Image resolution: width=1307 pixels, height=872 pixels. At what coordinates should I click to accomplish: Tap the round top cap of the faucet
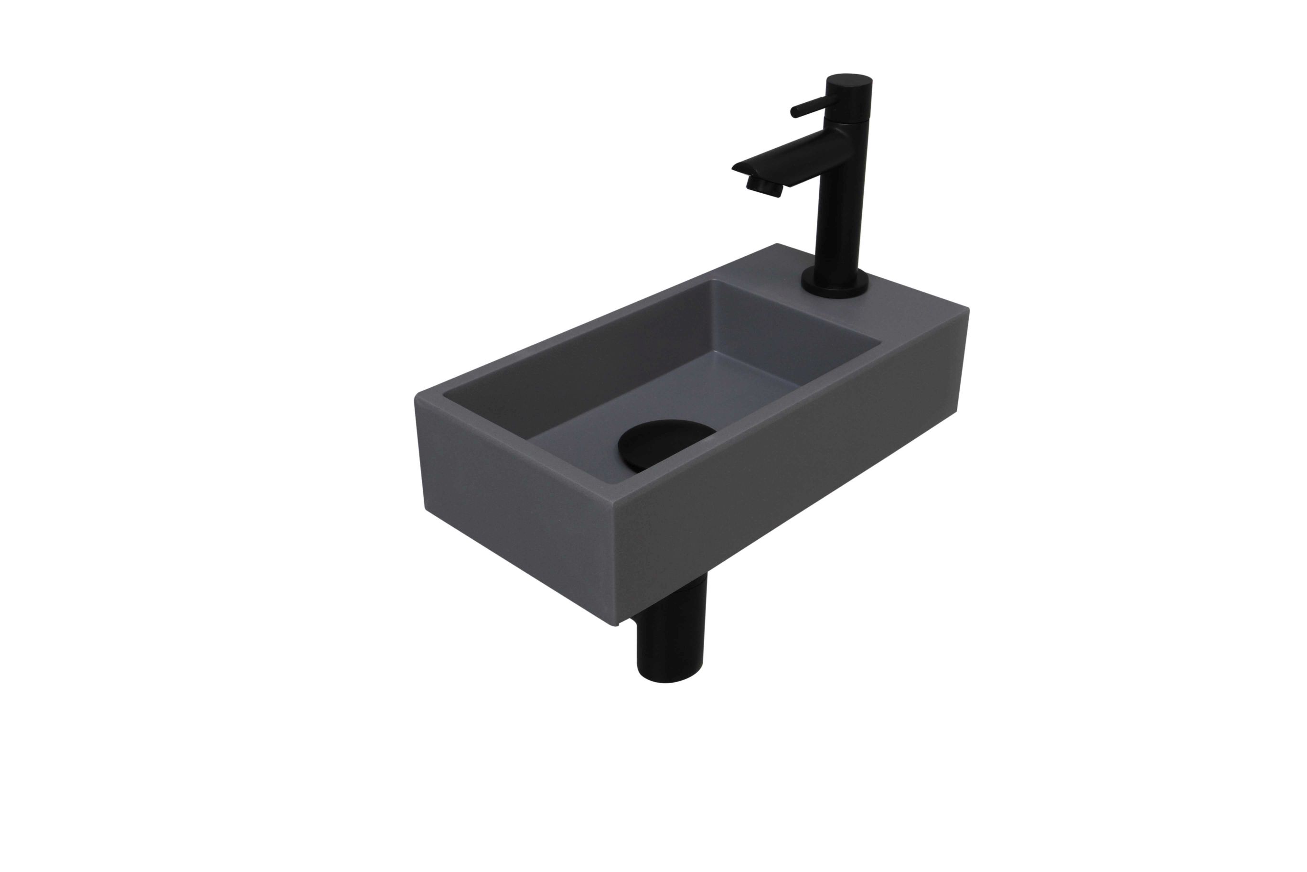(850, 82)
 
